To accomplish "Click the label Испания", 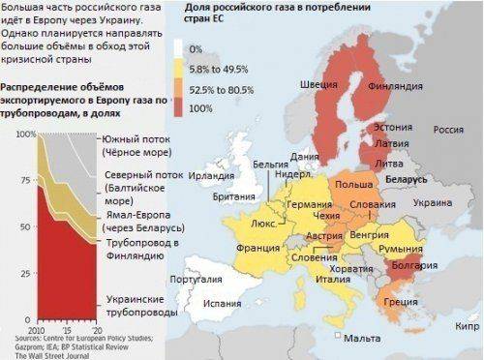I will (222, 303).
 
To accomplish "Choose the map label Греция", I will (400, 302).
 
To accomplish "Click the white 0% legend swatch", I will (180, 47).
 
